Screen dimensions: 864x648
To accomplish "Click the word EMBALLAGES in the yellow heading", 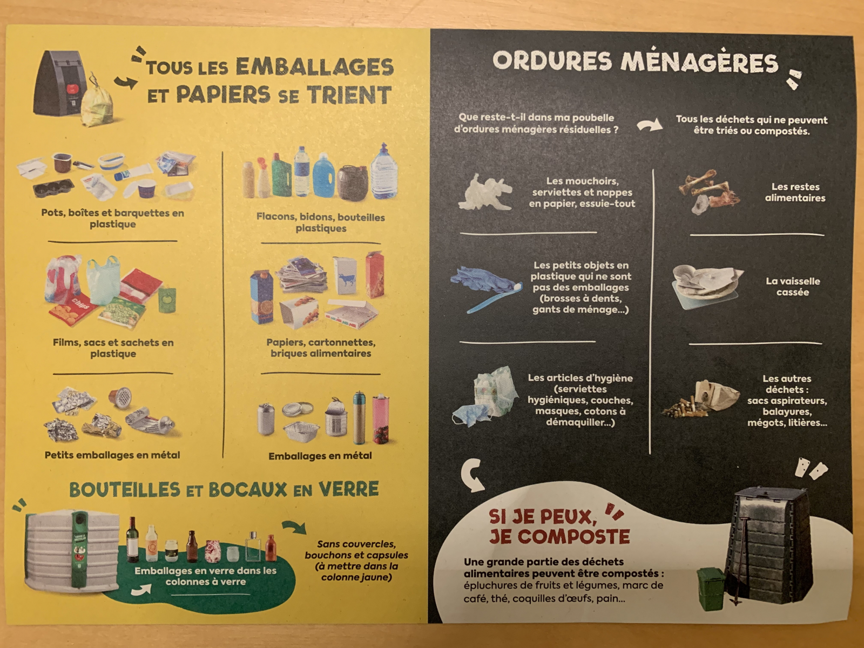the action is tap(314, 67).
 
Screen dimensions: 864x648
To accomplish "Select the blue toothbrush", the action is tap(495, 296).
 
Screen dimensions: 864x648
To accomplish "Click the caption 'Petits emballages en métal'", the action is tap(112, 455).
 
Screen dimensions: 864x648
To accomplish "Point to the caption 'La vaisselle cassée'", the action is tap(793, 286).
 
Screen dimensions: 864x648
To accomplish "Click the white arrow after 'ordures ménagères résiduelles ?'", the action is tap(650, 126).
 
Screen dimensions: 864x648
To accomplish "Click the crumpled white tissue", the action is tap(485, 192).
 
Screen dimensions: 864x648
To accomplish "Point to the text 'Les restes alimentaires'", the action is tap(795, 192).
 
